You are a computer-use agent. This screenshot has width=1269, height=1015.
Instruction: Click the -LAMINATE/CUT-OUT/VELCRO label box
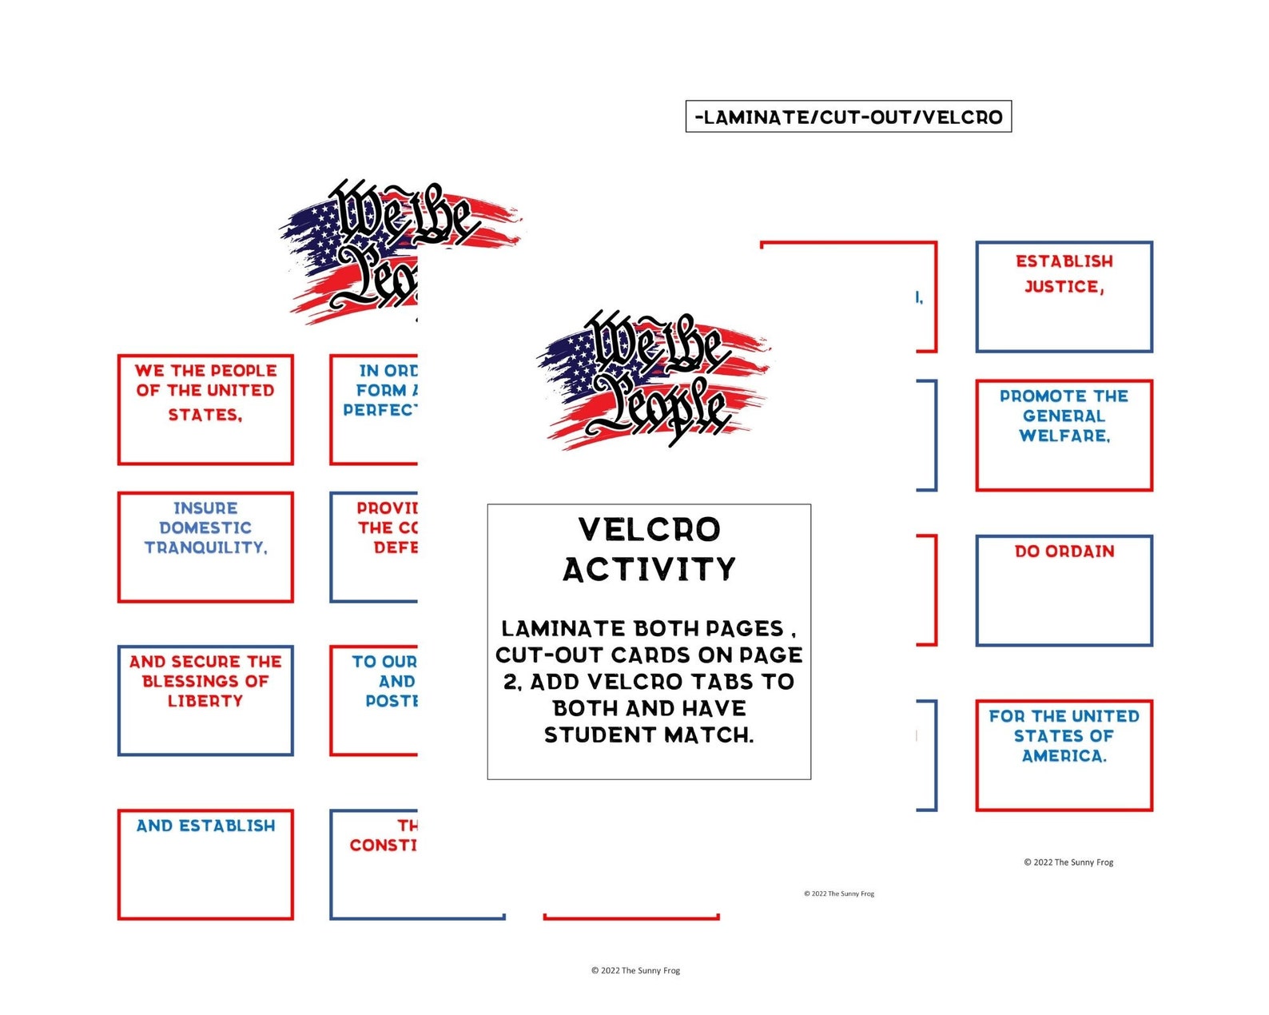[848, 117]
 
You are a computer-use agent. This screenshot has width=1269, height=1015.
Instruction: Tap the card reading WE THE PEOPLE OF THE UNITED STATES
[205, 409]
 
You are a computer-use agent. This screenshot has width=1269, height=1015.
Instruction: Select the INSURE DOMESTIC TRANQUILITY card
[205, 547]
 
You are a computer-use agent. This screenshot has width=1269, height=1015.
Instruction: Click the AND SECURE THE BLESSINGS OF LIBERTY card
[205, 700]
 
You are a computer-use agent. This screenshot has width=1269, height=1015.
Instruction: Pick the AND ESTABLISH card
[205, 864]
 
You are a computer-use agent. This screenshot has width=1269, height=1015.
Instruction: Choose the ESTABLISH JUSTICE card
[1064, 297]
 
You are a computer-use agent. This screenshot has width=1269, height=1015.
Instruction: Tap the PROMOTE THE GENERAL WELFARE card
[1064, 435]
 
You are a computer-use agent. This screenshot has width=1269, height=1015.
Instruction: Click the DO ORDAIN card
[1064, 591]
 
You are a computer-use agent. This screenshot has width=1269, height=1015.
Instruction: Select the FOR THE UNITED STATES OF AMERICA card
[1064, 755]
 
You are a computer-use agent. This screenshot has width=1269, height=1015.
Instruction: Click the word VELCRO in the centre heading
[649, 530]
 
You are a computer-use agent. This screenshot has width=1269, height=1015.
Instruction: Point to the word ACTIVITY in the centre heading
[649, 570]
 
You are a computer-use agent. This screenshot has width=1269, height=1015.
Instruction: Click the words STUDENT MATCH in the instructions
[649, 735]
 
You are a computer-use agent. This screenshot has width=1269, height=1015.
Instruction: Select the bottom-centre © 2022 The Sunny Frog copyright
[635, 970]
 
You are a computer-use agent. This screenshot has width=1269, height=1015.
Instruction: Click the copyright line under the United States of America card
[1068, 862]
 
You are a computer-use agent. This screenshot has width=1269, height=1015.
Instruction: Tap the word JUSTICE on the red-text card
[1064, 286]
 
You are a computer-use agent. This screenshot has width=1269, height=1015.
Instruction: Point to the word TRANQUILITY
[205, 547]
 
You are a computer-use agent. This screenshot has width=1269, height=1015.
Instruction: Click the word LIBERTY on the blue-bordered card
[205, 701]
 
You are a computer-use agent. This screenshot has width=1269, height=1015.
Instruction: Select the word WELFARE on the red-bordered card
[1064, 436]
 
